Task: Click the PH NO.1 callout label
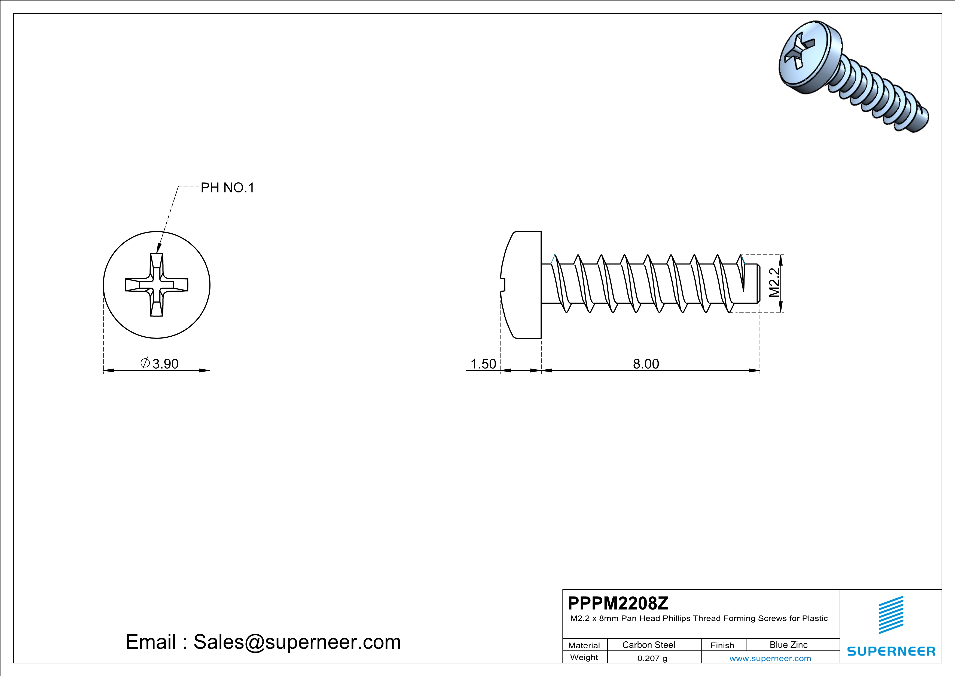coord(227,188)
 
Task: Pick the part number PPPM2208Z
coord(618,603)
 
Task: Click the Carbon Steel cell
coord(648,645)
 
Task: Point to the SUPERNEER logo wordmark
coord(891,651)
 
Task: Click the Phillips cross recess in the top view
coord(156,285)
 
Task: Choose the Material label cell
coord(584,645)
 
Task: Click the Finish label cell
coord(722,645)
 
